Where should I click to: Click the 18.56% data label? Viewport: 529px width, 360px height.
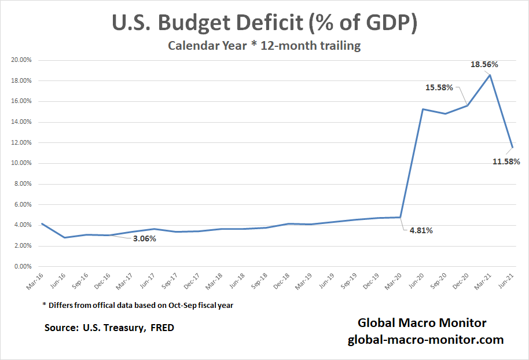point(484,65)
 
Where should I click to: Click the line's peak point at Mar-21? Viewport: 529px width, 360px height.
point(490,75)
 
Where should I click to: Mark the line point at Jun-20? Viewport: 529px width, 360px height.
point(423,109)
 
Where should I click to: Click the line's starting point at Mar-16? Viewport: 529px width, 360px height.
point(42,223)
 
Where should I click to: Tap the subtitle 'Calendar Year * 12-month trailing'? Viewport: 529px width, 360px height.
point(264,46)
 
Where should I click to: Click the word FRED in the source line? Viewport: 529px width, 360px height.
point(162,328)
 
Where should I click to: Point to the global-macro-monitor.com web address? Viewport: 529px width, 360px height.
point(425,340)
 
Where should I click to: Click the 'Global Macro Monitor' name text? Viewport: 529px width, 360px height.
point(422,323)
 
